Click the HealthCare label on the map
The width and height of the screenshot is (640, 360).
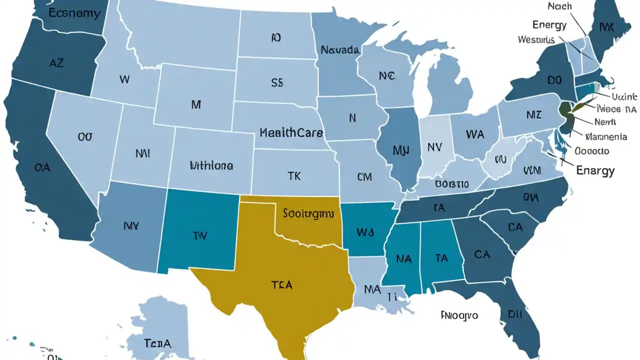tap(291, 133)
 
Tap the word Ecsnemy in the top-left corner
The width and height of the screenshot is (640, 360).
tap(74, 13)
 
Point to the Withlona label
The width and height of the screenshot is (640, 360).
tap(211, 165)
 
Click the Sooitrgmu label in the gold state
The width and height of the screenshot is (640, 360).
tap(308, 213)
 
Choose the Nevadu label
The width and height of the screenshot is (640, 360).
tap(340, 50)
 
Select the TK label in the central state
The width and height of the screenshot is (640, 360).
tap(294, 175)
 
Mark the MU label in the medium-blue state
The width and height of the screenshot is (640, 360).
tap(402, 150)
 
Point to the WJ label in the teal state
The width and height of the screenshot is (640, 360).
tap(365, 232)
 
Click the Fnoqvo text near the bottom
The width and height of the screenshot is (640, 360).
tap(459, 315)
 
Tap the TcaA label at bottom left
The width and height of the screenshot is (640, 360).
tap(157, 343)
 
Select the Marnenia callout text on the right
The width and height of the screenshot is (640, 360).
tap(606, 136)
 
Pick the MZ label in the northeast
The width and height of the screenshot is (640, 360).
tap(534, 115)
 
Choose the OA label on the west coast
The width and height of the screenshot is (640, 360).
tap(42, 168)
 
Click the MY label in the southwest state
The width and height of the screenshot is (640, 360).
tap(131, 226)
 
